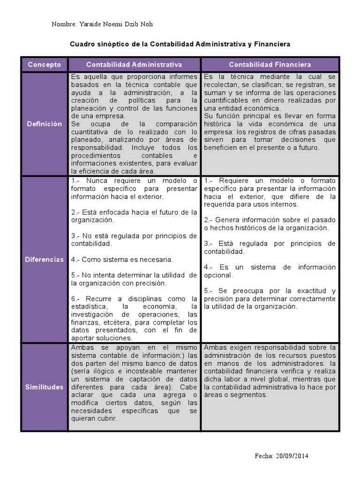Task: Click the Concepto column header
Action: pos(44,65)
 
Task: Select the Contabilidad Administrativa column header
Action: pos(134,65)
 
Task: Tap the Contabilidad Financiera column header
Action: pos(270,65)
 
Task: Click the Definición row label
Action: pos(44,124)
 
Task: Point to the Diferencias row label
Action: pos(44,260)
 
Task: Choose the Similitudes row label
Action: pos(44,387)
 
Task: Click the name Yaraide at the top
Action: pos(92,24)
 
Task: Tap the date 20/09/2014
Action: pos(292,456)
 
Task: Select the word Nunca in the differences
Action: pos(97,181)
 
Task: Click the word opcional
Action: pos(218,275)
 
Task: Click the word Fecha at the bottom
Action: pos(263,456)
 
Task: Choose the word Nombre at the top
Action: pos(63,24)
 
